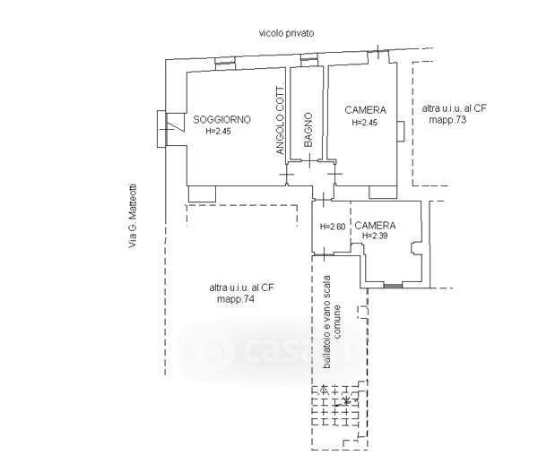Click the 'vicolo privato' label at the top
[287, 33]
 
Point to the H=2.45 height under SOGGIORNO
[218, 132]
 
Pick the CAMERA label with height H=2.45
[365, 110]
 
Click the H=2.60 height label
[333, 226]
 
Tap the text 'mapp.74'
[235, 299]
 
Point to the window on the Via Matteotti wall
[162, 128]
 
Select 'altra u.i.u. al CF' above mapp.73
[455, 108]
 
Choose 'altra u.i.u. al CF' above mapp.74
[242, 287]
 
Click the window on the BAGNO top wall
[309, 61]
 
